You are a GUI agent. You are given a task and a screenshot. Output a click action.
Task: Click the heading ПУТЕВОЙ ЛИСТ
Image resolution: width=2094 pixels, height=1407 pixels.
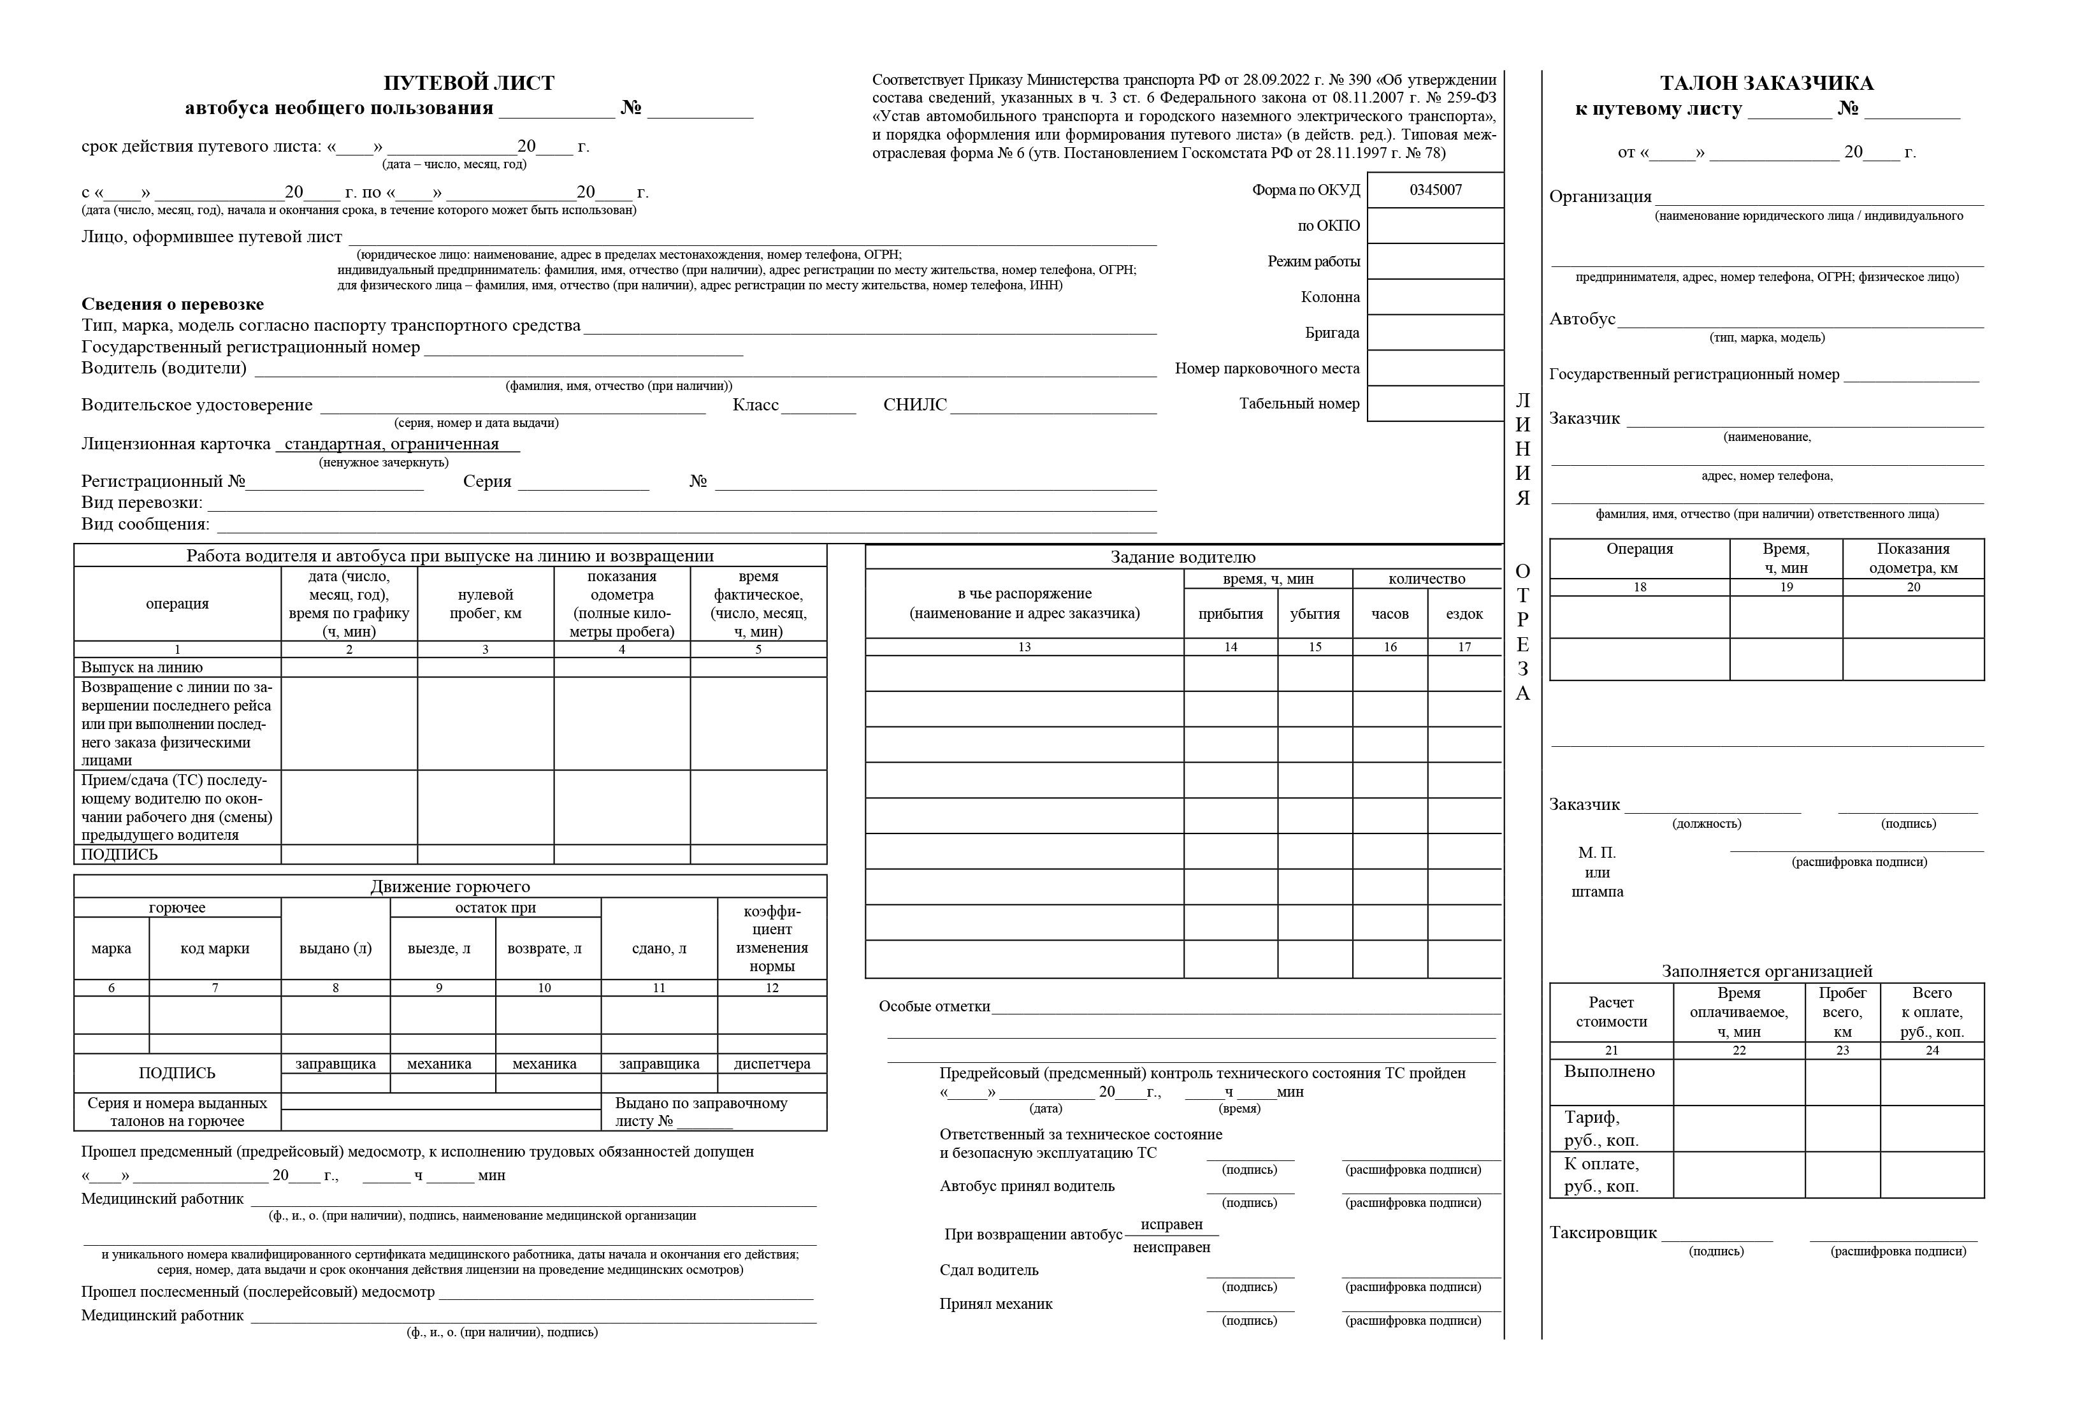click(x=468, y=83)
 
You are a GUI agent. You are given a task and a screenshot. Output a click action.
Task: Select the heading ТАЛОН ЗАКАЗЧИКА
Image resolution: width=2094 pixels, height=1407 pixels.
click(x=1766, y=83)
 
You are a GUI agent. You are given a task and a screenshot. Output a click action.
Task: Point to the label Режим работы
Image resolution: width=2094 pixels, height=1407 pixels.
click(x=1313, y=262)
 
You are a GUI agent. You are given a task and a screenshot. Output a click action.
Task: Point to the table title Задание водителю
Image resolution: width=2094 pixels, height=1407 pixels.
click(x=1183, y=557)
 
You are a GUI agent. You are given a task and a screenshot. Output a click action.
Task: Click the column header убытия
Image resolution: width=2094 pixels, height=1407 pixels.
click(x=1315, y=614)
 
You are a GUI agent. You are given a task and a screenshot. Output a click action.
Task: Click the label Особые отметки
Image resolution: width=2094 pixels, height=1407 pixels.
click(x=934, y=1007)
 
